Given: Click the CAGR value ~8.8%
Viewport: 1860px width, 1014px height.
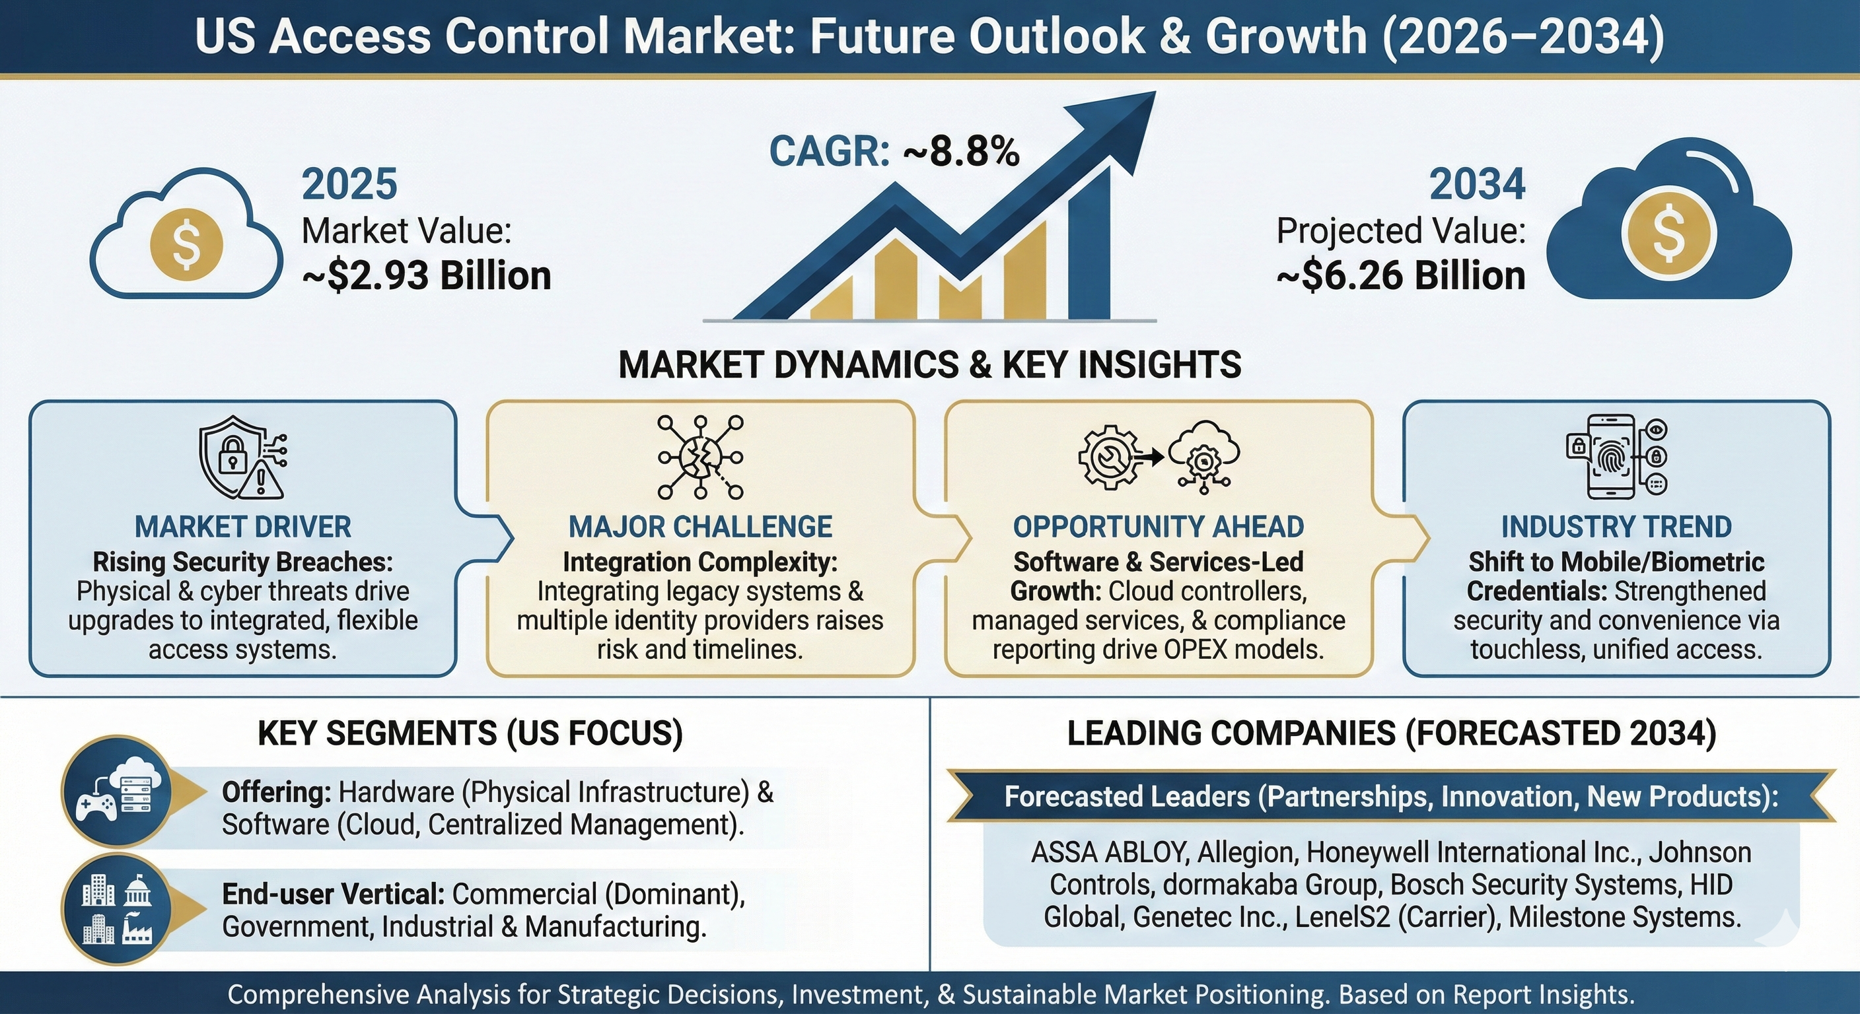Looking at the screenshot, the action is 960,152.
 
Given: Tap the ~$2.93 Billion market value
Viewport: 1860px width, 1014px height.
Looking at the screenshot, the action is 426,276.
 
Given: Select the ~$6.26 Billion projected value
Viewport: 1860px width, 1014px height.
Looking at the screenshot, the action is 1401,276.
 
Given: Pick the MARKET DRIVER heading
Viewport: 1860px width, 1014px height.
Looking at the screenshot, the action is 243,527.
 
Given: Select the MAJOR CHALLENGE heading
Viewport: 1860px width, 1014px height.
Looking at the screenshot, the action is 700,527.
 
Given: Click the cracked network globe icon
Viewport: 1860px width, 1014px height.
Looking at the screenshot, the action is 700,457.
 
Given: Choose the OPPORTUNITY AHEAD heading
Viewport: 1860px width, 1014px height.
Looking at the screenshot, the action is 1158,527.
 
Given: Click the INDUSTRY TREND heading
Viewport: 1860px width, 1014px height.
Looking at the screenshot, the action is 1617,527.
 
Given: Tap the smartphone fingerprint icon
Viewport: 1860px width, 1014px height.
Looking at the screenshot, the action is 1617,456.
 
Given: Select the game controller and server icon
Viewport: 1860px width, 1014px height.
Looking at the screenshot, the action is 118,791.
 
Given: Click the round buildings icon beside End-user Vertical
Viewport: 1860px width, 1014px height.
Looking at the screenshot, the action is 118,911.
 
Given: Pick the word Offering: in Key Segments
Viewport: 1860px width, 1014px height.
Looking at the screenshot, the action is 277,792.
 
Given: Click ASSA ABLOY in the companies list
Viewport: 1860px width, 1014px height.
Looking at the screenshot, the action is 1109,853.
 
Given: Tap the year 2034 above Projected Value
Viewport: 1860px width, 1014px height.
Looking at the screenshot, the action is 1478,184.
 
